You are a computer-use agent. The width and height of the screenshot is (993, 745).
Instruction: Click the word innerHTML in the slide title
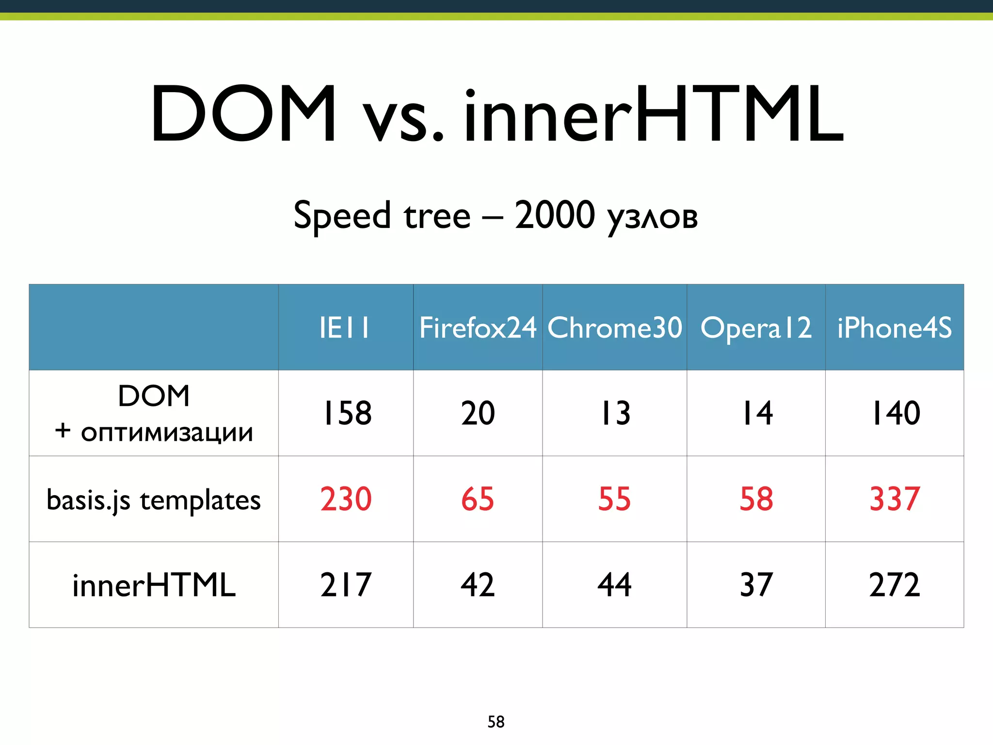click(x=654, y=115)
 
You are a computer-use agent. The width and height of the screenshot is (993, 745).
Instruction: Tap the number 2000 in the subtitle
click(x=554, y=215)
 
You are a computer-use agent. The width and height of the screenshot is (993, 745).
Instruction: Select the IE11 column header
click(x=345, y=328)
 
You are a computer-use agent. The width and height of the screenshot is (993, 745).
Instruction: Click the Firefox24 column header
click(x=478, y=328)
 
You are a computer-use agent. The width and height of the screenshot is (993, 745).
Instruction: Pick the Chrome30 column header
click(x=615, y=328)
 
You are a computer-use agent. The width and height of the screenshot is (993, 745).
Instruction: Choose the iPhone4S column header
click(x=895, y=328)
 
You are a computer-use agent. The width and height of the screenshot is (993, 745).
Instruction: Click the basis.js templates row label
click(x=154, y=500)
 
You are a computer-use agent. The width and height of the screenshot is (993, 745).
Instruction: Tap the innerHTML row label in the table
click(x=154, y=585)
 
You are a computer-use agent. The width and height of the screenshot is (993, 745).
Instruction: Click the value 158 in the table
click(x=346, y=413)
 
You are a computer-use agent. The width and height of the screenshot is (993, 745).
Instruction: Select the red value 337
click(x=895, y=499)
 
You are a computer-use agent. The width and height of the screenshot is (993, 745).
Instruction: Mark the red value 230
click(x=346, y=499)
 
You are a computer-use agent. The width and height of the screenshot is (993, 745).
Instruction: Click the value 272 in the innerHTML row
click(x=895, y=585)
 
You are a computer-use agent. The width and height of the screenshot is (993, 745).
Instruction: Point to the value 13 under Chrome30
click(x=615, y=413)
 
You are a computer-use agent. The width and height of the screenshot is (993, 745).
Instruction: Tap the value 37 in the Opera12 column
click(x=756, y=585)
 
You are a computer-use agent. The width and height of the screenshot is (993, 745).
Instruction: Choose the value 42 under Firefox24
click(x=478, y=585)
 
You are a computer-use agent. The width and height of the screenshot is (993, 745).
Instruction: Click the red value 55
click(x=614, y=499)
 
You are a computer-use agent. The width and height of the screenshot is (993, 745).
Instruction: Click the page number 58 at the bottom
click(x=496, y=722)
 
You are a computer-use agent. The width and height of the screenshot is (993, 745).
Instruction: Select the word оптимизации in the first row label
click(x=167, y=433)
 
